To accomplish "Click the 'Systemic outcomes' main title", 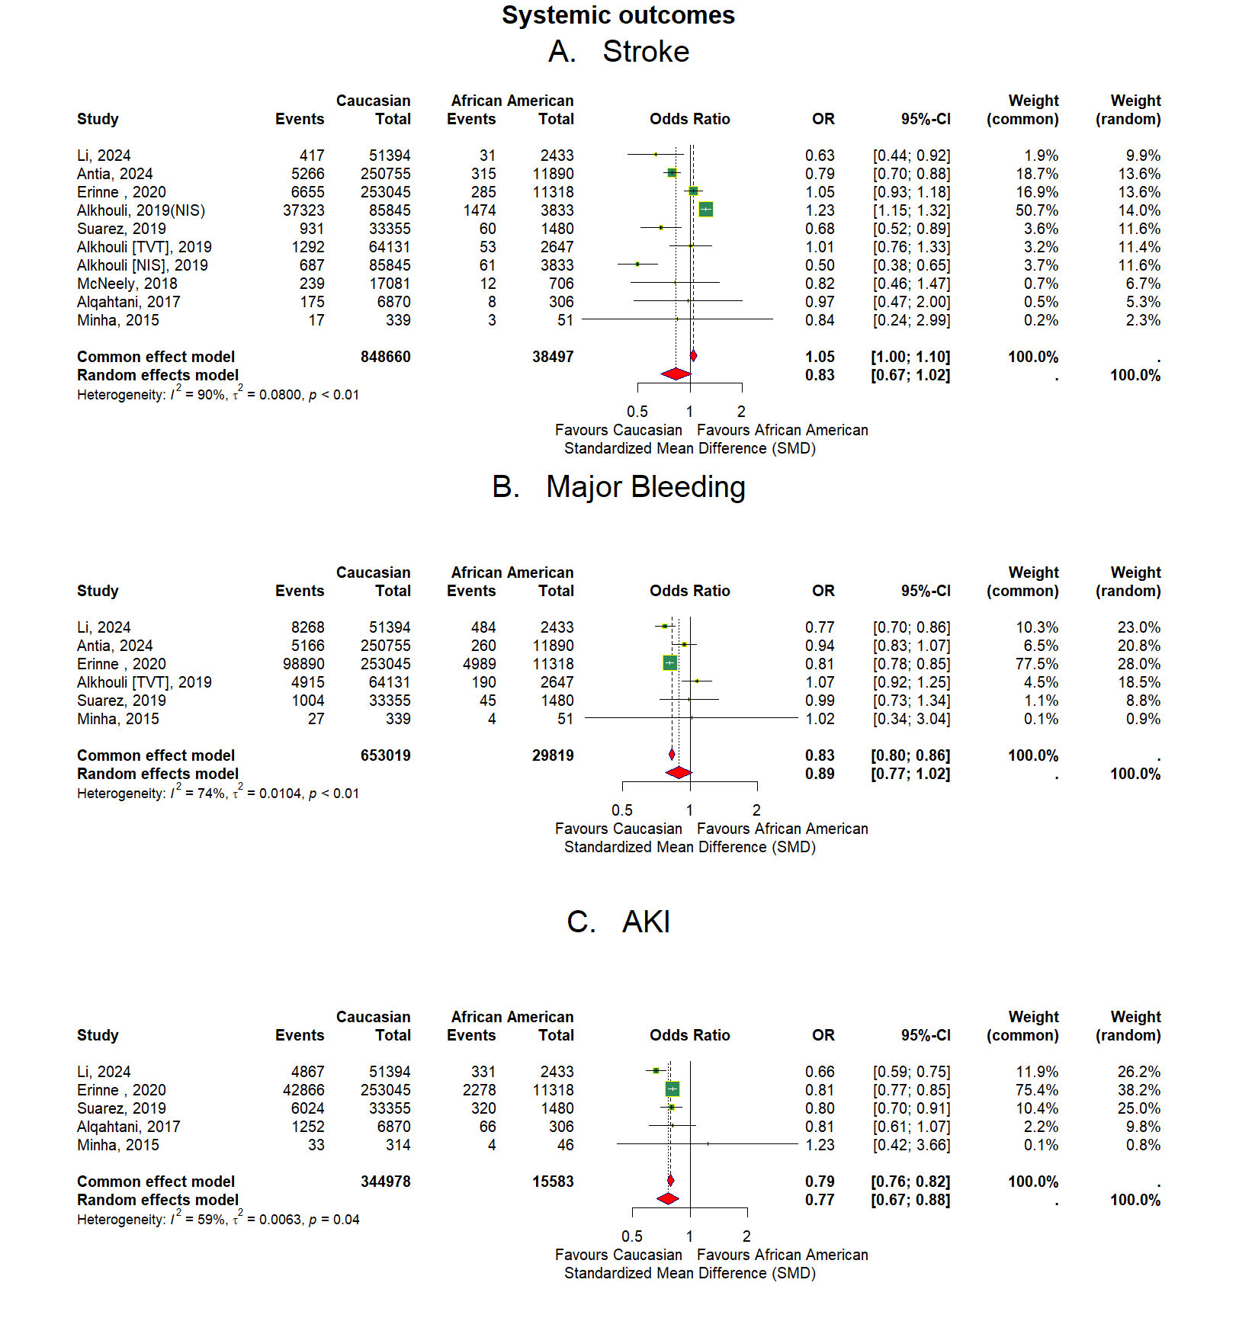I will [618, 15].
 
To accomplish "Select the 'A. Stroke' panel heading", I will [618, 52].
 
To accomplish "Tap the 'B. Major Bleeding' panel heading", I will [618, 487].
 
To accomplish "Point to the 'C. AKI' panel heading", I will [618, 922].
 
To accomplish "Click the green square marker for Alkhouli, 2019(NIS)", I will [706, 210].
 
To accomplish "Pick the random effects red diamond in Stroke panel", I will [676, 374].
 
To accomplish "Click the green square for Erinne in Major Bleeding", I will [670, 663].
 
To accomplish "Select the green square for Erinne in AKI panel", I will [672, 1089].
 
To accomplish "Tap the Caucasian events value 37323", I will [303, 210].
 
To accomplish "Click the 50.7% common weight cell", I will [1037, 210].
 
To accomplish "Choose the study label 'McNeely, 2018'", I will [127, 284].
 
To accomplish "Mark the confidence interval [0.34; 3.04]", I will [912, 719].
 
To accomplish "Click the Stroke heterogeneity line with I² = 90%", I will [218, 394].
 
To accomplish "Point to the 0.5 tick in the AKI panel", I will [632, 1236].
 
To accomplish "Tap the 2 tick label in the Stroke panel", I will [742, 412].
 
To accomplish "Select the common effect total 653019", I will [386, 755].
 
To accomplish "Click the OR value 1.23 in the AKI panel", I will [820, 1145].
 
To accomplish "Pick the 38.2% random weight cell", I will [1139, 1090].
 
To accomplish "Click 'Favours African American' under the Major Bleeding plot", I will [782, 829].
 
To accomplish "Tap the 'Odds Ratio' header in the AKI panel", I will [690, 1035].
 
